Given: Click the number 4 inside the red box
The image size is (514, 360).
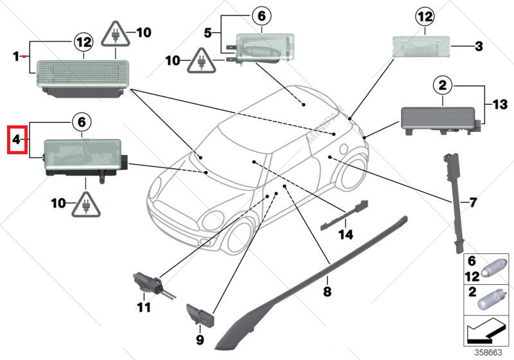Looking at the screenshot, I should [x=17, y=139].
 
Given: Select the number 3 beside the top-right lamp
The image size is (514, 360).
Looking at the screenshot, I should [x=478, y=46].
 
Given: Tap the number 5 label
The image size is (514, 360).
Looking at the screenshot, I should [x=208, y=32].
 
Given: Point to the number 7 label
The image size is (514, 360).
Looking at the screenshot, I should [x=473, y=203].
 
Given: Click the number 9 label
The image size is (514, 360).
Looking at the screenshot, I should [x=199, y=339].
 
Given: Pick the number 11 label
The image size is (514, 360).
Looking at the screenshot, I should [x=145, y=307].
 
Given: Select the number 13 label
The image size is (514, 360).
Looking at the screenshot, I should [x=501, y=104].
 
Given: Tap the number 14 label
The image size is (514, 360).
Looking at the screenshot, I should [x=346, y=235].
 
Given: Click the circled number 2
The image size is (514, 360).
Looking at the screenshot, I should [x=443, y=84].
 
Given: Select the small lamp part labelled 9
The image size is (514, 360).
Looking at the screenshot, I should [x=199, y=315].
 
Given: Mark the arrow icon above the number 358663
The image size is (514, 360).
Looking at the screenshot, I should [x=484, y=333].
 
